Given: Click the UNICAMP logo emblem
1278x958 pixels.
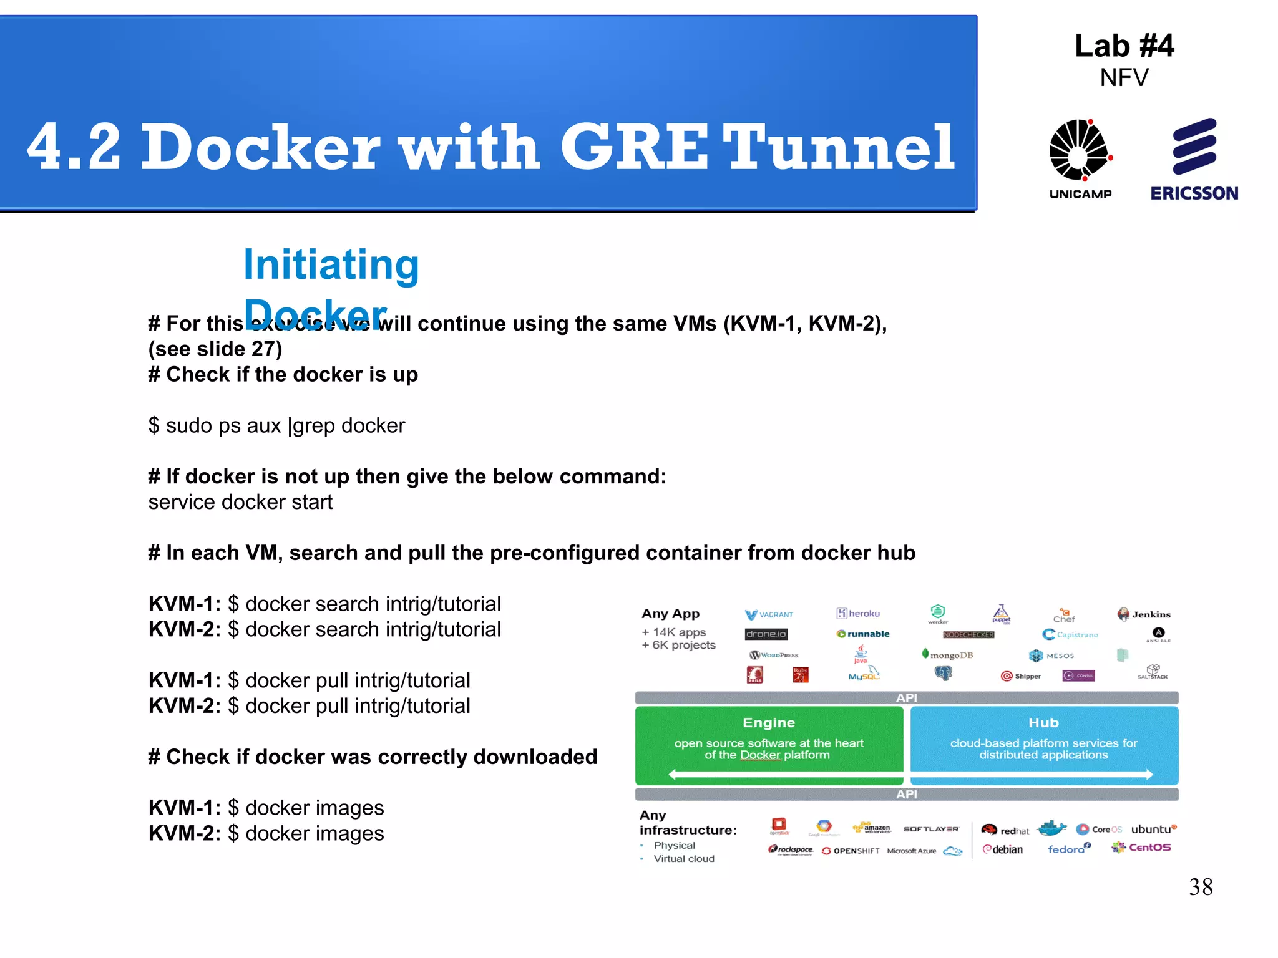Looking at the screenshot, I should (1080, 150).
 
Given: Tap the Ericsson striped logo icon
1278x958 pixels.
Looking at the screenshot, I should (1194, 147).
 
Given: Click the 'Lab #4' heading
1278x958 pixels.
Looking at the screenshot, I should (1124, 46).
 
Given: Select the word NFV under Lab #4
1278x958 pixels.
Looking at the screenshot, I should (1124, 78).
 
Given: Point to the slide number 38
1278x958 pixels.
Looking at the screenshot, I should (1201, 887).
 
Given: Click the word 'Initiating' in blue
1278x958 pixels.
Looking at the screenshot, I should (331, 264).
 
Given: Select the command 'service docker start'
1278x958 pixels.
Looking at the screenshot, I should (240, 502).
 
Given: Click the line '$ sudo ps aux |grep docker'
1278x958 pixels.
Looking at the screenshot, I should (276, 426).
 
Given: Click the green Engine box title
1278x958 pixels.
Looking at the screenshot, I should (769, 723).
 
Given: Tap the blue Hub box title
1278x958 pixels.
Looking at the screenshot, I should (1043, 723).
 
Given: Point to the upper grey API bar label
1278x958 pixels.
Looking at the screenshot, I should (906, 698).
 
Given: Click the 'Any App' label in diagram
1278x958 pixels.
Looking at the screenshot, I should (670, 614).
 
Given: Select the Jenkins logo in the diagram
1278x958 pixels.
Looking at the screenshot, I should (1144, 614).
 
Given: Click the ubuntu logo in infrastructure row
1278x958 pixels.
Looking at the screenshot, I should (1153, 830).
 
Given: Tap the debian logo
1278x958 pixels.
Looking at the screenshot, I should (1003, 849).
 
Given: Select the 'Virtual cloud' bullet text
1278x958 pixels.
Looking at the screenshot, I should (683, 859).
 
